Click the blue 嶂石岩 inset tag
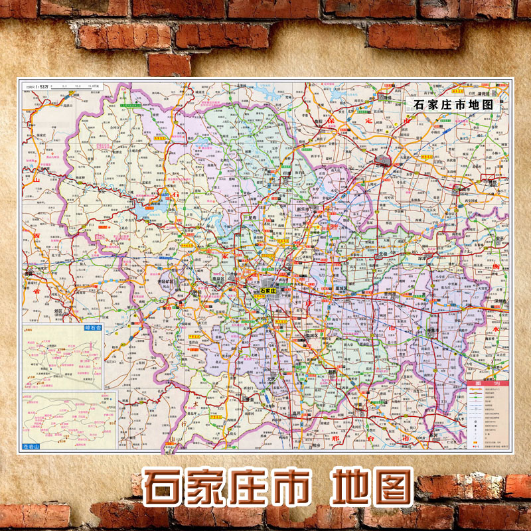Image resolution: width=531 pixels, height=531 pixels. coord(89,328)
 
